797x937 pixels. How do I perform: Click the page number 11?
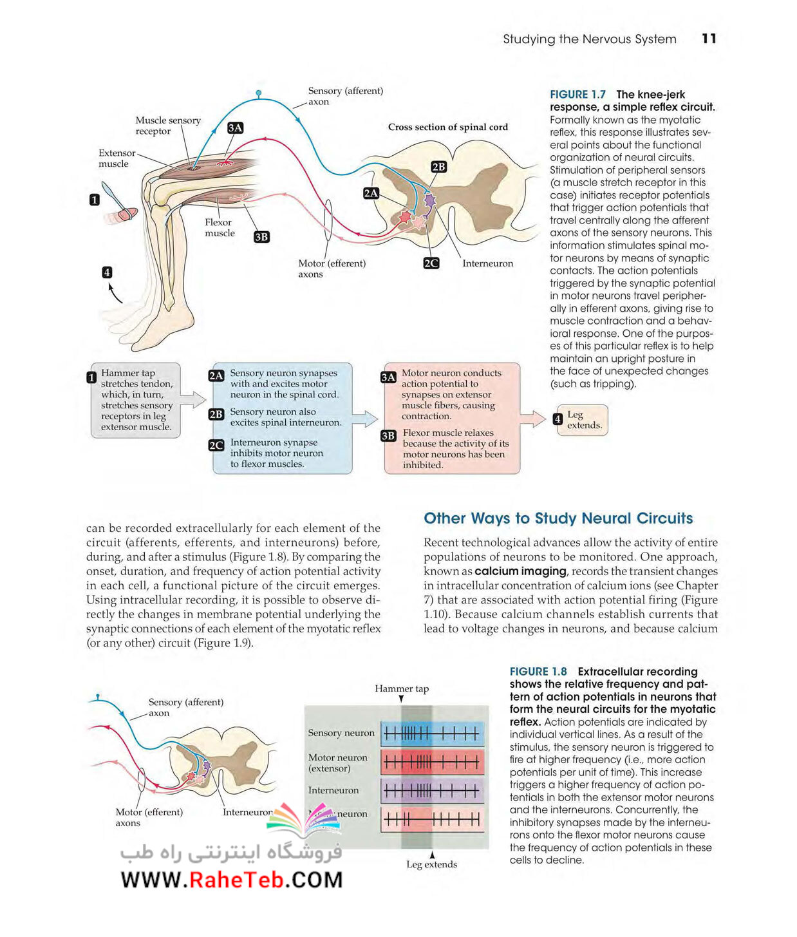point(708,39)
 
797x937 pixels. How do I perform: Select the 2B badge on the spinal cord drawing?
point(438,167)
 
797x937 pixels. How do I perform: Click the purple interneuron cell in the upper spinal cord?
point(429,200)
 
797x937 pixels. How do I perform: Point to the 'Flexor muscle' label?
point(220,227)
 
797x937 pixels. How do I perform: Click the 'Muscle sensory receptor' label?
point(167,126)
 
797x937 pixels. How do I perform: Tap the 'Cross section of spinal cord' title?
point(447,127)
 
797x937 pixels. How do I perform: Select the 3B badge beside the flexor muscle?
point(261,236)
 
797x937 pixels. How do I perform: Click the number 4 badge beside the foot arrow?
point(107,272)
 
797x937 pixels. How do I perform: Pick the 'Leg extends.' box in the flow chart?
point(581,419)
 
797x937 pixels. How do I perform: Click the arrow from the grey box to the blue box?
point(193,399)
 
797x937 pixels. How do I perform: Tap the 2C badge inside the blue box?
point(216,445)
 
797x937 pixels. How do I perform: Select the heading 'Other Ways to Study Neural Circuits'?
point(558,518)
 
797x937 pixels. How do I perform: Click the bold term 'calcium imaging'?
point(520,571)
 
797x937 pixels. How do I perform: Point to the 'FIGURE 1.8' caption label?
point(538,672)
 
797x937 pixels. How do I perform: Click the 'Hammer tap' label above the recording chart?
point(401,688)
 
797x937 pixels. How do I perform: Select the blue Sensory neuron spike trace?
point(432,734)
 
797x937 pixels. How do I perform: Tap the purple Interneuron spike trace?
point(432,791)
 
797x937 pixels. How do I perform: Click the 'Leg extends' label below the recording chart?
point(431,864)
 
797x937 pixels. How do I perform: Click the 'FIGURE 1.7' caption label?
point(577,94)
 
